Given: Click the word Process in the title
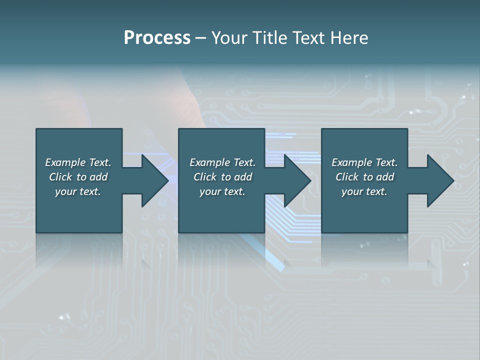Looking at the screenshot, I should click(157, 38).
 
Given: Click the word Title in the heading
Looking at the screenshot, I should click(271, 38).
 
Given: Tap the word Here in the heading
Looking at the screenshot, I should click(349, 38).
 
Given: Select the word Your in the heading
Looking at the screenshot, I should click(230, 38).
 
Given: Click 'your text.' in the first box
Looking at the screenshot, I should click(78, 191).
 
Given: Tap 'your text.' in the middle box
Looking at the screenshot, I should click(222, 191).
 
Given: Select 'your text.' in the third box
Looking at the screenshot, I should click(364, 191).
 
